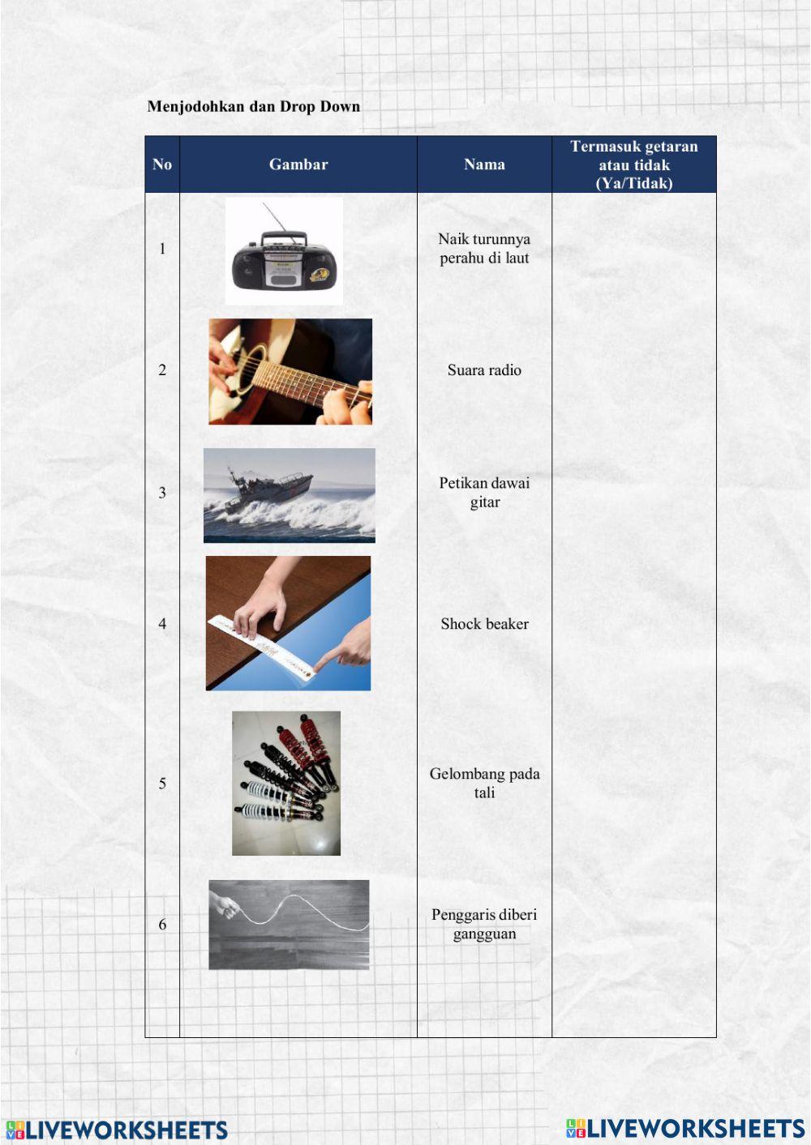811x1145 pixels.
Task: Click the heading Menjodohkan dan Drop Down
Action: click(x=254, y=106)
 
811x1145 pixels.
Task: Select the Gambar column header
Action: click(x=298, y=164)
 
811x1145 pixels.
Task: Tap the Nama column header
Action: click(x=484, y=164)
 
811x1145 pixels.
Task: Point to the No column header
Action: click(x=161, y=164)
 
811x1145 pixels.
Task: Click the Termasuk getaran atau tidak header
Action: click(x=634, y=164)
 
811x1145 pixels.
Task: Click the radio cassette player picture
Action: click(x=284, y=251)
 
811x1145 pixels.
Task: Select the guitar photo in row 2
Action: click(x=290, y=372)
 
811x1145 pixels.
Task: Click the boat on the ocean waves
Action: click(x=270, y=487)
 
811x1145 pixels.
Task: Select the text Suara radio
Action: click(x=484, y=370)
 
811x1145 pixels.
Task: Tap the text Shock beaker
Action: click(x=484, y=624)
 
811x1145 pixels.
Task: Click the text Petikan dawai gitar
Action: click(x=484, y=493)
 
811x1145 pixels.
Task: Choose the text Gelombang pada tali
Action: click(x=484, y=783)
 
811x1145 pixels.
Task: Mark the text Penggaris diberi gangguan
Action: click(x=484, y=924)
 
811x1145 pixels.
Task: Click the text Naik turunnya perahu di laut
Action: click(x=484, y=249)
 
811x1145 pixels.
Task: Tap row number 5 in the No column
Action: click(x=162, y=784)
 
